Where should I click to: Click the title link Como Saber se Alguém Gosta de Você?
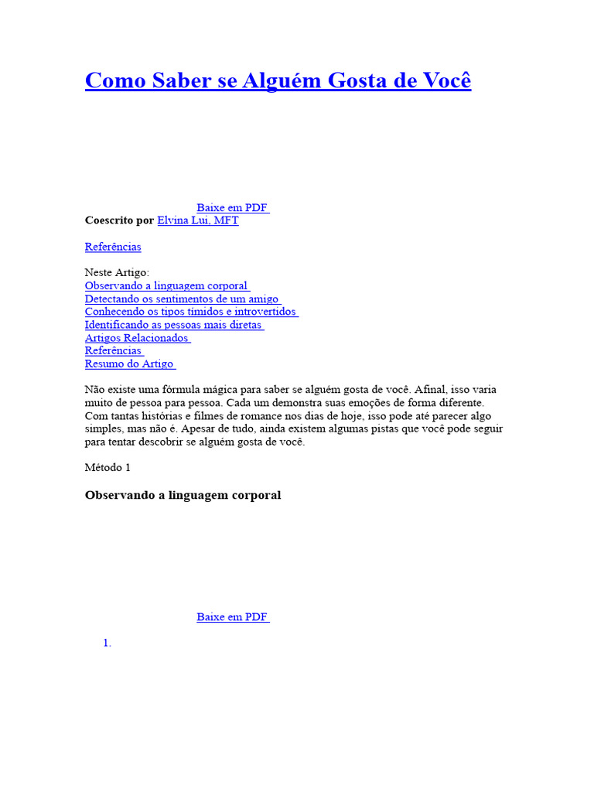[x=278, y=80]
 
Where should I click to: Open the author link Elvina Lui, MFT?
[x=198, y=220]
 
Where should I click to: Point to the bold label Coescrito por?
[x=119, y=220]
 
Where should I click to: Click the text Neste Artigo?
[x=117, y=272]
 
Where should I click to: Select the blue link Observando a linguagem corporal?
[x=166, y=285]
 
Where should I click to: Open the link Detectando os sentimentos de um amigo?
[x=182, y=299]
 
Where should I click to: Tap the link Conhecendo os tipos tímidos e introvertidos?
[x=190, y=312]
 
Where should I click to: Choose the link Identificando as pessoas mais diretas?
[x=173, y=325]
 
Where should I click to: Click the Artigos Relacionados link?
[x=137, y=338]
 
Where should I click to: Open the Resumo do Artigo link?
[x=129, y=364]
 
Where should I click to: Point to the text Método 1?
[x=108, y=467]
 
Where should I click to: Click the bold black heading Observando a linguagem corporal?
[x=183, y=495]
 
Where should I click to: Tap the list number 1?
[x=108, y=643]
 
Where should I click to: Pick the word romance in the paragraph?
[x=245, y=416]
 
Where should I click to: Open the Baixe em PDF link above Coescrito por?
[x=232, y=207]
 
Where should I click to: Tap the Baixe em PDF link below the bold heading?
[x=232, y=617]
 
